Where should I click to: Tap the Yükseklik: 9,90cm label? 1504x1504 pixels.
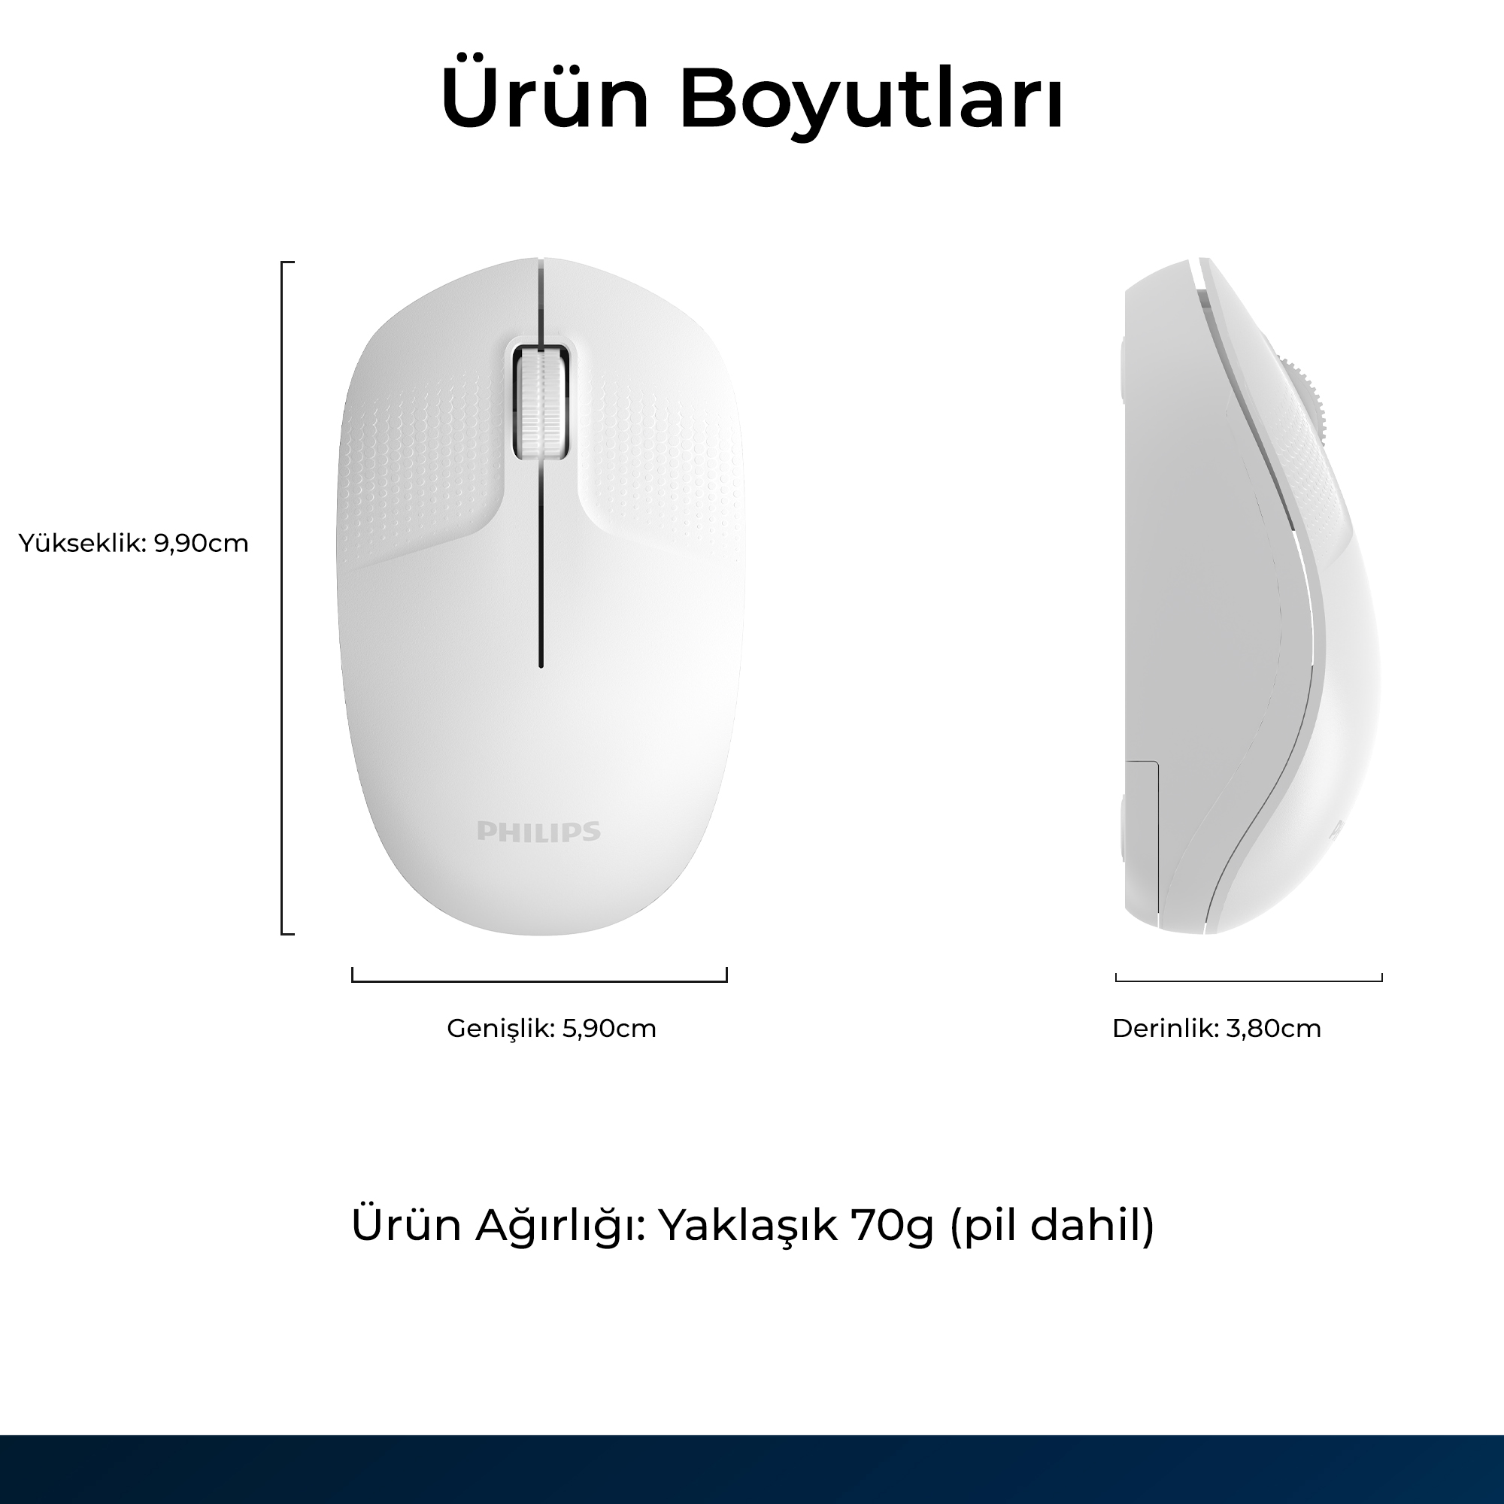133,544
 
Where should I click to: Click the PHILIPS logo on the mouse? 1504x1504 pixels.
538,832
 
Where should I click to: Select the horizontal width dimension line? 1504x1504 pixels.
539,981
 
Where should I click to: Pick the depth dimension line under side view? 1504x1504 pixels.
1248,980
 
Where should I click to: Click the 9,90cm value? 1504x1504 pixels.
201,544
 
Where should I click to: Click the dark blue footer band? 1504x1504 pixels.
752,1469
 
